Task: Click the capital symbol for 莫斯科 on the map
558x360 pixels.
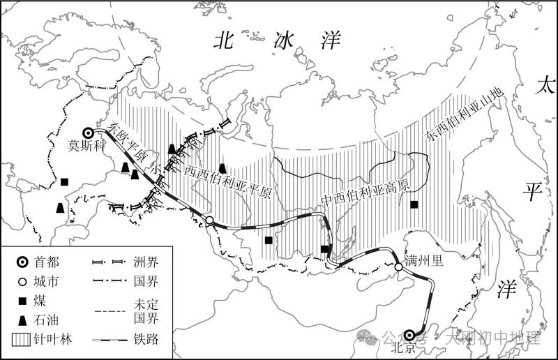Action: coord(88,133)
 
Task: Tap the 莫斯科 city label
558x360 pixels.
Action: coord(85,147)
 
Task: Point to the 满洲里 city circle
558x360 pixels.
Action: coord(398,267)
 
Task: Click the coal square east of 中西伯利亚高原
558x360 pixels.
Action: coord(414,204)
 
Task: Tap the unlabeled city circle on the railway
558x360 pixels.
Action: coord(209,221)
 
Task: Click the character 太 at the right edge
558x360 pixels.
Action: coord(543,87)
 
